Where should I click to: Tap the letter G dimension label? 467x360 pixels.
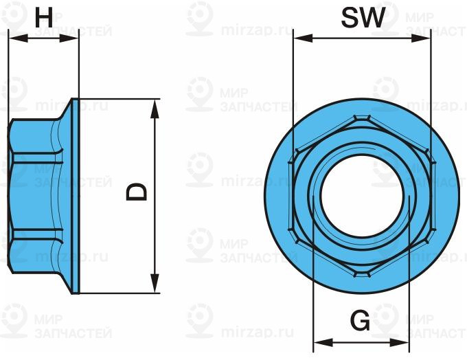(359, 321)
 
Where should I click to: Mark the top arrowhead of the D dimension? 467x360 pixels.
(155, 106)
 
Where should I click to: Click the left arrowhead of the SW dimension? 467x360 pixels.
(299, 38)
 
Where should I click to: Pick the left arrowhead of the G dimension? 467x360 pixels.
(320, 341)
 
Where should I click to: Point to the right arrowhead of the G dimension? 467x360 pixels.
(404, 341)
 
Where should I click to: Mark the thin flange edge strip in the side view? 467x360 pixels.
(78, 196)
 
